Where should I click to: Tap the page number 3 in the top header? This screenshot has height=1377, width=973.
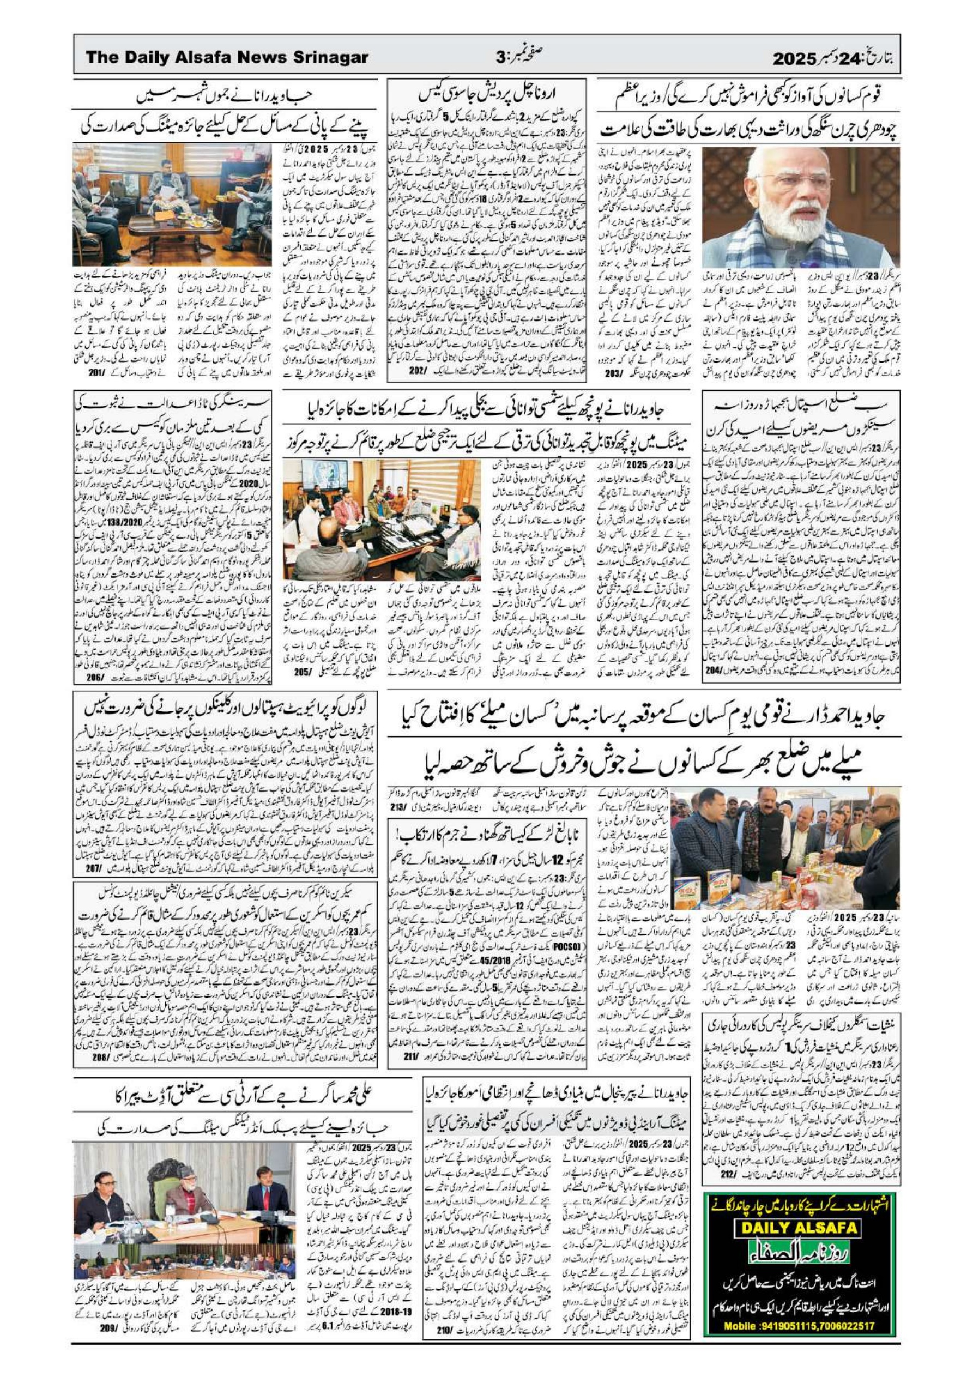(x=500, y=58)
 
